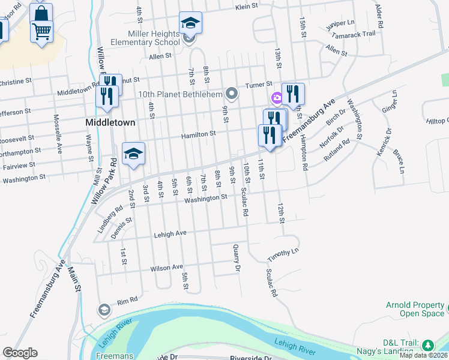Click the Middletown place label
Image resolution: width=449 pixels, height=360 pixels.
coord(109,122)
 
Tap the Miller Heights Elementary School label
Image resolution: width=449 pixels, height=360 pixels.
coord(145,38)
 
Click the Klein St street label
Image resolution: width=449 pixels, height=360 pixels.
coord(246,8)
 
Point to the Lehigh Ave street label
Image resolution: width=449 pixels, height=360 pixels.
coord(170,233)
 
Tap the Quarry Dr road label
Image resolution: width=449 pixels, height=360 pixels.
coord(236,259)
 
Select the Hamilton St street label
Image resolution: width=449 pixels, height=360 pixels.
coord(199,135)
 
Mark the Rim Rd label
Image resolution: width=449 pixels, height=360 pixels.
coord(127,300)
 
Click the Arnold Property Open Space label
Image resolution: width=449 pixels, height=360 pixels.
coord(414,309)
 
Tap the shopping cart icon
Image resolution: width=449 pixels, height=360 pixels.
coord(41,31)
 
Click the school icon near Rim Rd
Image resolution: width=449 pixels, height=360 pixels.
coord(104,310)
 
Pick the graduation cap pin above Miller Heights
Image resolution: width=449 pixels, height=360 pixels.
coord(190,23)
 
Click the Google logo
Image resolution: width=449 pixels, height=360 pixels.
coord(20,353)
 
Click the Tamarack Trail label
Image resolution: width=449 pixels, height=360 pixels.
coord(357,33)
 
